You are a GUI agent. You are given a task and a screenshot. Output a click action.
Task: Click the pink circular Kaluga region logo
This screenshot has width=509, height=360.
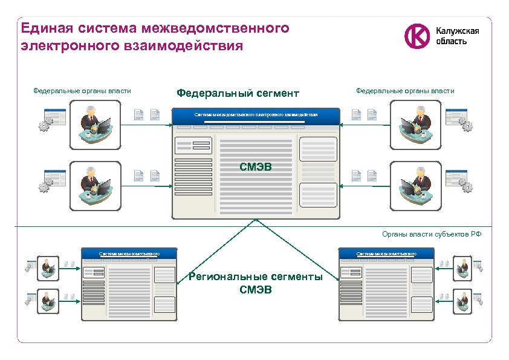417,36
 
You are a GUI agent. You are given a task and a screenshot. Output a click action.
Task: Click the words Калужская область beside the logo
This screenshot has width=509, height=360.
458,36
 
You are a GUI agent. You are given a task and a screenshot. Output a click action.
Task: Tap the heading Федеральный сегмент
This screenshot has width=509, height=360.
237,93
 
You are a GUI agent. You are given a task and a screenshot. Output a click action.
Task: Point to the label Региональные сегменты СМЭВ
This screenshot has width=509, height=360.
256,283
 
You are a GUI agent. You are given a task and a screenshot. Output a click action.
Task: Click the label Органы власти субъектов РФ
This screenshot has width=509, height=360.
432,234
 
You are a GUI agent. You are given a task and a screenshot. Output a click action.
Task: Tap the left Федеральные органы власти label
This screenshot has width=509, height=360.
82,91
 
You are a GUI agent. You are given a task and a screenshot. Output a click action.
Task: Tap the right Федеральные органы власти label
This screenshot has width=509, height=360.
405,91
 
